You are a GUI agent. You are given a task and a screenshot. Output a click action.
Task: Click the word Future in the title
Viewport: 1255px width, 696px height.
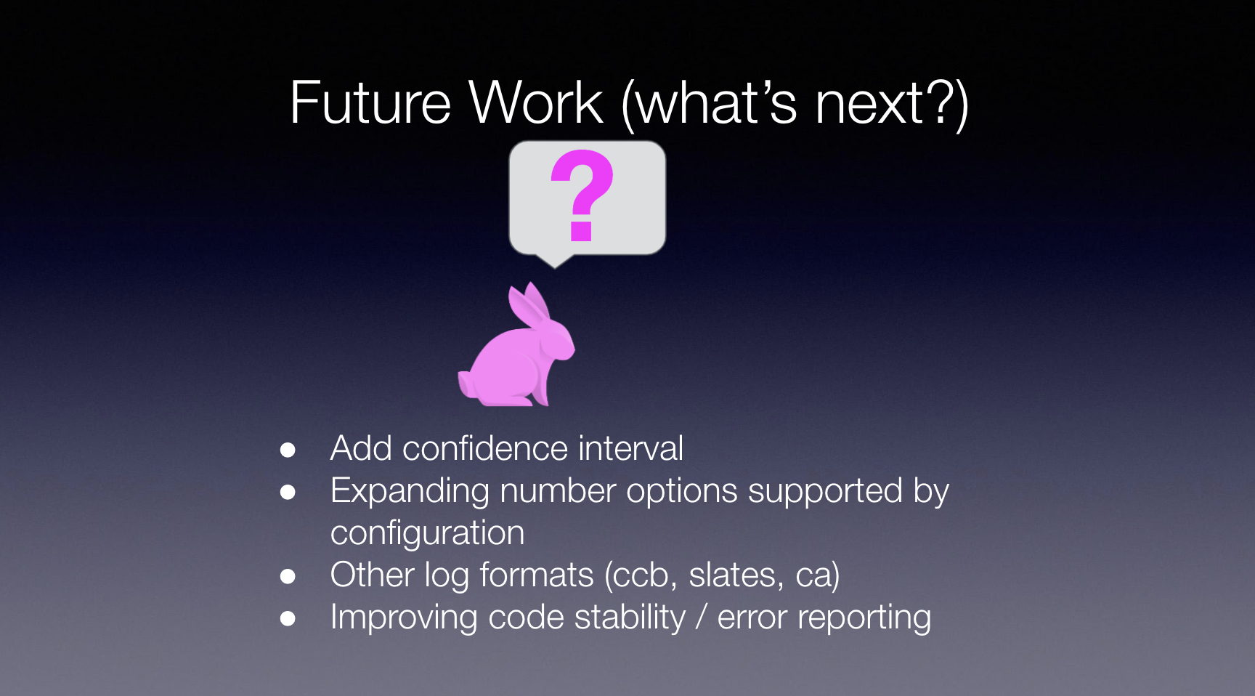point(370,103)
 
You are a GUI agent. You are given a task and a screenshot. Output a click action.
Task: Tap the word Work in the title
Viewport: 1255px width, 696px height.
point(536,102)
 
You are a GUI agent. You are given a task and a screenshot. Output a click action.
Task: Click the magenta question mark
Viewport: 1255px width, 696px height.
point(582,195)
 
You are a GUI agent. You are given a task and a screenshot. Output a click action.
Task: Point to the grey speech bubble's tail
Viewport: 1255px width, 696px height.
point(555,261)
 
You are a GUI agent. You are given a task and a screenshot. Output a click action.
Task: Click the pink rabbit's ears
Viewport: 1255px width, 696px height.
point(529,306)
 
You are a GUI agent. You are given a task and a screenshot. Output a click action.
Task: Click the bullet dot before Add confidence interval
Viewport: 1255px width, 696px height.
point(288,450)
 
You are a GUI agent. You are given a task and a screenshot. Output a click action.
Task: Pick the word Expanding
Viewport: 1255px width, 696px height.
point(410,492)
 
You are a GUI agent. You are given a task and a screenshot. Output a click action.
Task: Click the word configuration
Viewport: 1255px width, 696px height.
point(428,534)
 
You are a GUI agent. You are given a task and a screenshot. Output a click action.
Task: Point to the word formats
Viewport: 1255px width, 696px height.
point(537,575)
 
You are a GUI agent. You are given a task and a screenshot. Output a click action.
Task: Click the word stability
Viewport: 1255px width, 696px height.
point(630,618)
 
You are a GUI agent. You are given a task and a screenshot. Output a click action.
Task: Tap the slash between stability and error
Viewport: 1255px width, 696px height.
point(701,618)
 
